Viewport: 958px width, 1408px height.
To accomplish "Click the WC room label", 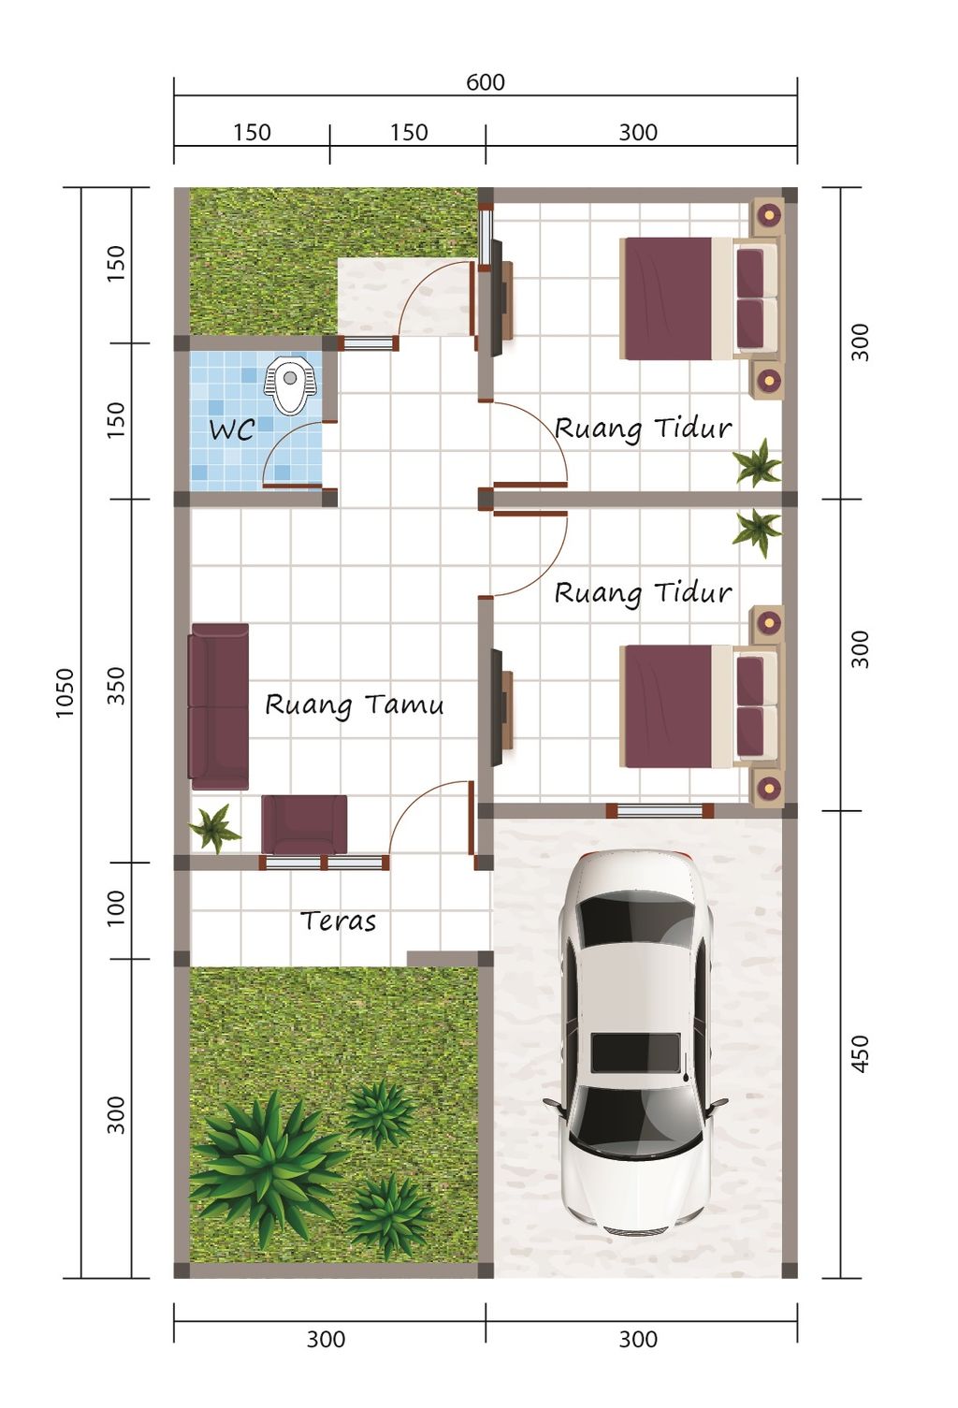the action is point(231,430).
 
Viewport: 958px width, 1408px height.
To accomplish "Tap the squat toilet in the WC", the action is point(288,385).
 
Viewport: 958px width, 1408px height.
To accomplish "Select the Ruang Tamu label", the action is point(354,705).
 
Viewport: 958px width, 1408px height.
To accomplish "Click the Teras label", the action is point(338,922).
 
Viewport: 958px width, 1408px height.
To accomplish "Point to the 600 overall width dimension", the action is point(486,82).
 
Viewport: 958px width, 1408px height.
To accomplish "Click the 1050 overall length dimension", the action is point(65,692).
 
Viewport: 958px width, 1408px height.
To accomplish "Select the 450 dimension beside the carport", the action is point(860,1054).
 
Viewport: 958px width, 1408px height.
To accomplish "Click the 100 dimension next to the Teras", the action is point(116,907).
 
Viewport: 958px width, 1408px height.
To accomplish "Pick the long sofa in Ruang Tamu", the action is point(219,706).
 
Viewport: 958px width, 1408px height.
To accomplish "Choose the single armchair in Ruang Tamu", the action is point(304,825).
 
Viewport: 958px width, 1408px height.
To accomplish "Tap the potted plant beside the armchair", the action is point(214,829).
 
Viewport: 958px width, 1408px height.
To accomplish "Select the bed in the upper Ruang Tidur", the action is point(699,298).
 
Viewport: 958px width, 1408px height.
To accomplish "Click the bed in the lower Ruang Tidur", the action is point(699,706).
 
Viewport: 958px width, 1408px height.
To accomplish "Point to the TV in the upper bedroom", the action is point(497,298).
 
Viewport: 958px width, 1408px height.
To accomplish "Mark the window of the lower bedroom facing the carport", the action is point(660,811).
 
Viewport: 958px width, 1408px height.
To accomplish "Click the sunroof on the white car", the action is point(635,1052).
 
